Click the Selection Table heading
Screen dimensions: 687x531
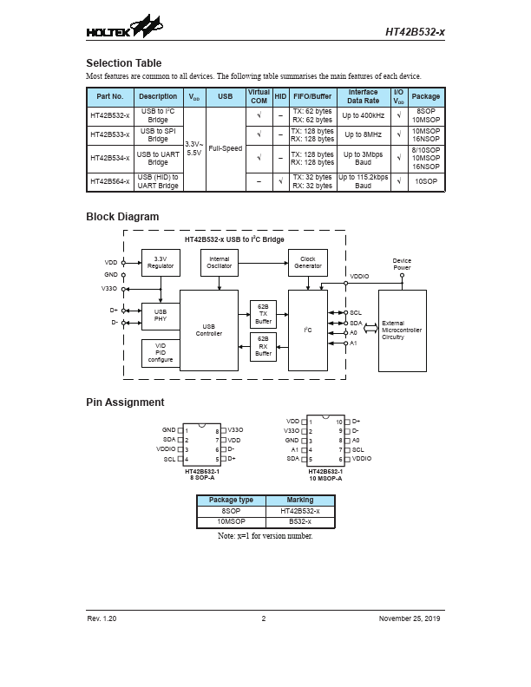coord(123,63)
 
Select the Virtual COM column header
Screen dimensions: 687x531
coord(259,96)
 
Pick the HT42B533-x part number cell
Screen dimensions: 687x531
coord(110,134)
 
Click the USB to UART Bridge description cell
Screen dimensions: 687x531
coord(158,158)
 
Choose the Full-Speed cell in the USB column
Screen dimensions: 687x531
coord(226,148)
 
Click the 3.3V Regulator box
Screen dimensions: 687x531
coord(161,262)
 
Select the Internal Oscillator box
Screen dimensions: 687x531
coord(220,262)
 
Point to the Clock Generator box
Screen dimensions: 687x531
coord(308,262)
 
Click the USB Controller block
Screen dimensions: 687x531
coord(208,330)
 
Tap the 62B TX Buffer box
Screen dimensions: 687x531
coord(264,313)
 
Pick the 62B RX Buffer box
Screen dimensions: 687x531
coord(264,346)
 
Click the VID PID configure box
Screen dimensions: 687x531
coord(161,353)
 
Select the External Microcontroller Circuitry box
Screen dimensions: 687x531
coord(403,330)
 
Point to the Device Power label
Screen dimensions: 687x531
coord(402,264)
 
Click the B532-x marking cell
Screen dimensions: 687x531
coord(299,520)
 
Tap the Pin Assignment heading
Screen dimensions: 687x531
coord(125,402)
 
